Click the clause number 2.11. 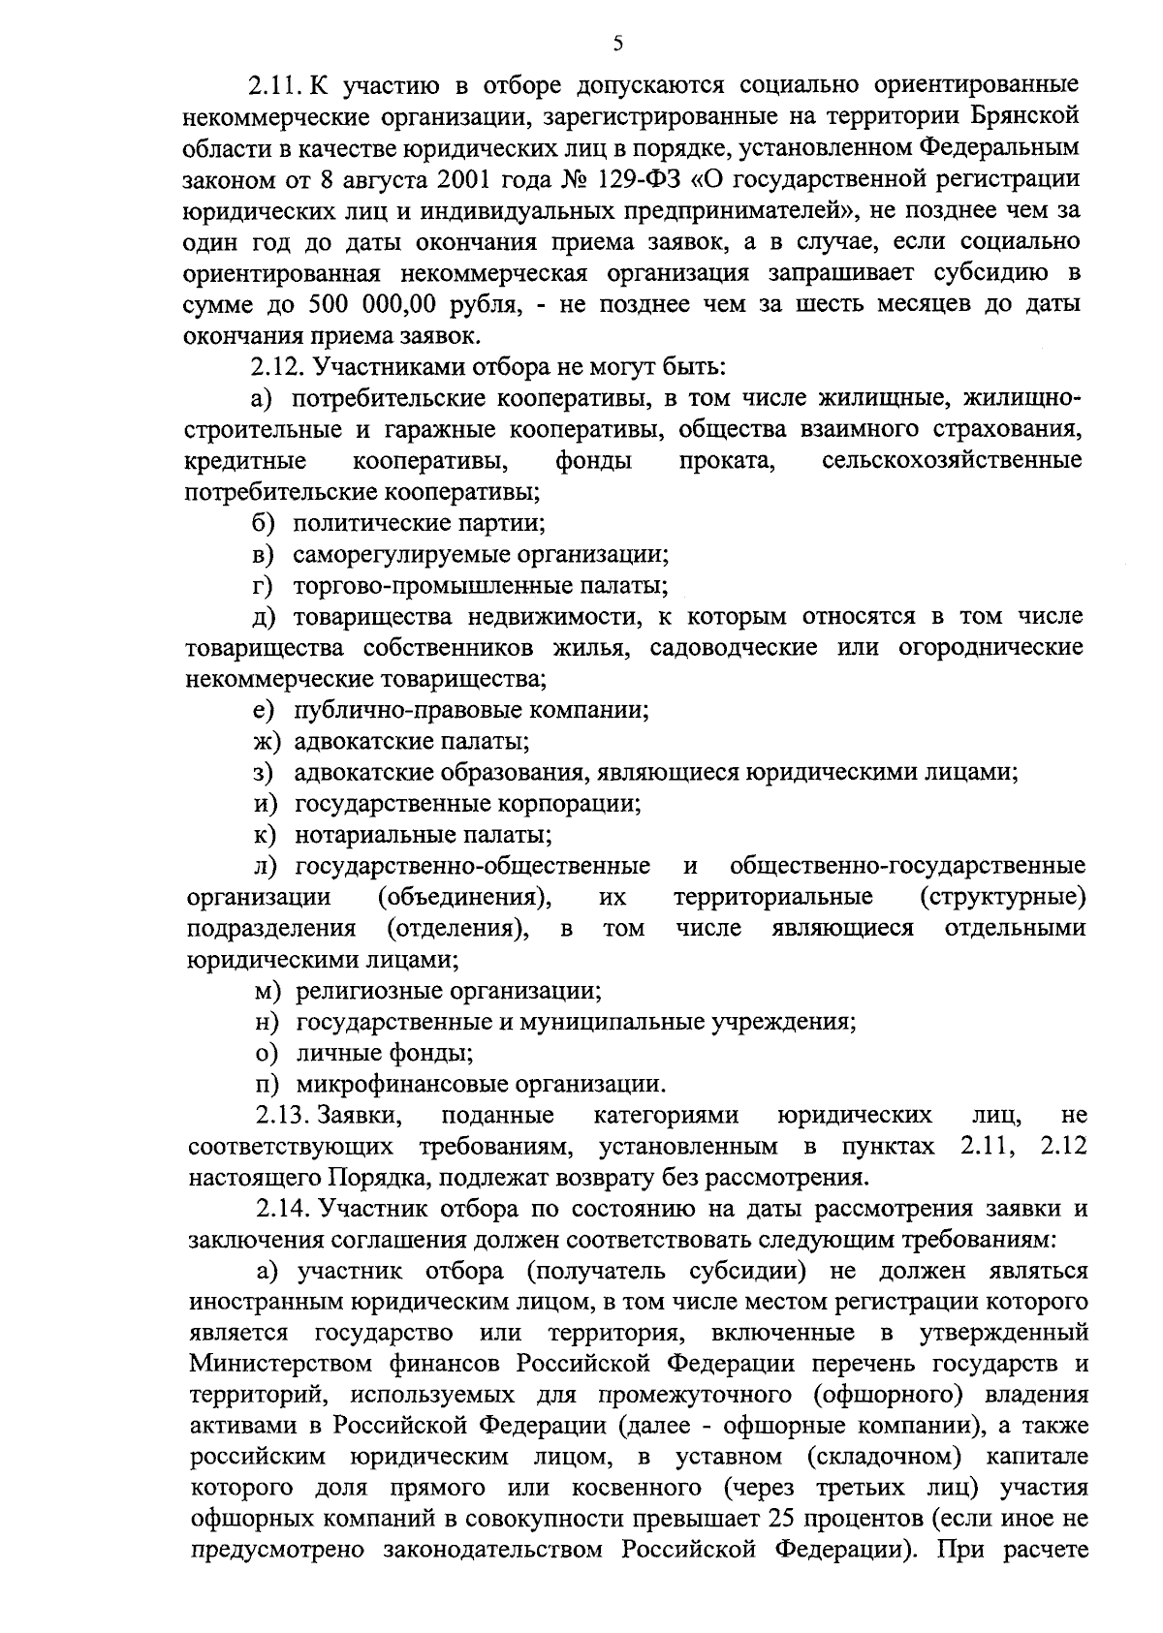(277, 86)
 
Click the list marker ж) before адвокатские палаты (262, 742)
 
